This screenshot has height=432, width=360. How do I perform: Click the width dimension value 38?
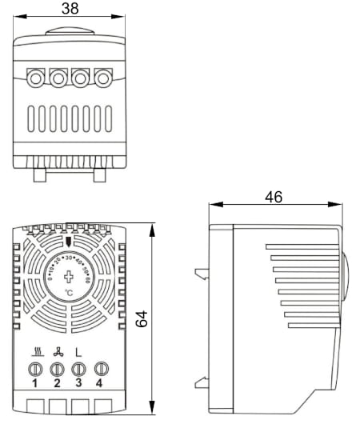(70, 9)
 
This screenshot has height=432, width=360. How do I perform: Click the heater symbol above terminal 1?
(36, 351)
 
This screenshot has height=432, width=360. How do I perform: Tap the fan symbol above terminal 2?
(57, 351)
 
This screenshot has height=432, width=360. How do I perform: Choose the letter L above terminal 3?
(78, 351)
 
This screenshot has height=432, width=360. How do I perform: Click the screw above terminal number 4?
(101, 369)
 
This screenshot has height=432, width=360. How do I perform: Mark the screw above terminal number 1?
(35, 369)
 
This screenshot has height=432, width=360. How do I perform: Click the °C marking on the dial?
(69, 294)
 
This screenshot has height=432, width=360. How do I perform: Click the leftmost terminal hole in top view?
(37, 78)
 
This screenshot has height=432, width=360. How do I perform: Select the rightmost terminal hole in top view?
(103, 78)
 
